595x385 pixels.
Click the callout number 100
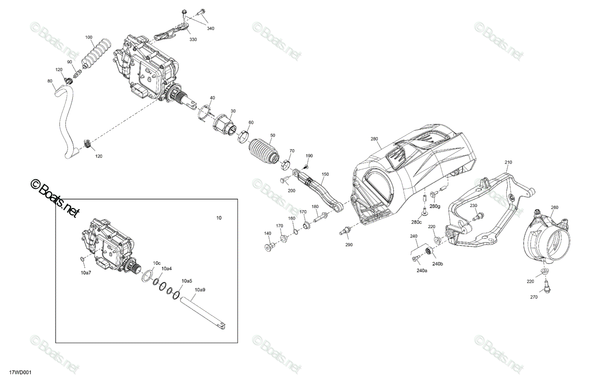pyautogui.click(x=89, y=37)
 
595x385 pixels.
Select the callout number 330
pyautogui.click(x=193, y=40)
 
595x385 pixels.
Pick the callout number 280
pyautogui.click(x=374, y=139)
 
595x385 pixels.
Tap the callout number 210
pyautogui.click(x=508, y=162)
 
